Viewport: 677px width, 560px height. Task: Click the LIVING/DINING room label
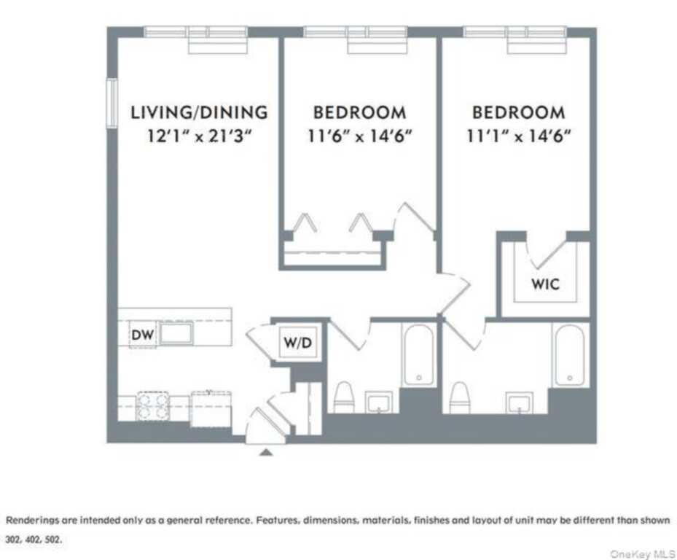tap(199, 112)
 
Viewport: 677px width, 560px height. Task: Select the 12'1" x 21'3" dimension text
tap(199, 136)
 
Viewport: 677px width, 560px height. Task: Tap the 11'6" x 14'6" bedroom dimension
tap(359, 136)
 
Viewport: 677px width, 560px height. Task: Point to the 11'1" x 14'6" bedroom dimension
tap(517, 136)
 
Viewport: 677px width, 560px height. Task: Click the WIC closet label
tap(545, 284)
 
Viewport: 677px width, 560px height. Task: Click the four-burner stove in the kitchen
tap(153, 406)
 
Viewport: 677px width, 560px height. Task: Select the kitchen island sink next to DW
tap(176, 334)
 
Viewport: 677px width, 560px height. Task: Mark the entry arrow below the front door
tap(267, 452)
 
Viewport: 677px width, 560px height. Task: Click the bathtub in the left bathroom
tap(418, 355)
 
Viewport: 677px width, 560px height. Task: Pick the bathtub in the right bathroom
tap(568, 355)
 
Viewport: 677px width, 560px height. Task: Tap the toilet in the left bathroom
tap(343, 397)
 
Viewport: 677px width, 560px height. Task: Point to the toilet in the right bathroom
tap(459, 397)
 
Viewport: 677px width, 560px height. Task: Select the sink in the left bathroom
tap(378, 401)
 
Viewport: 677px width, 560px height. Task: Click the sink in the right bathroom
tap(520, 402)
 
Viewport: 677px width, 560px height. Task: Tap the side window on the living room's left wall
tap(112, 103)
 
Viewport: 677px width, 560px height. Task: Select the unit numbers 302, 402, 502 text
tap(34, 541)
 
